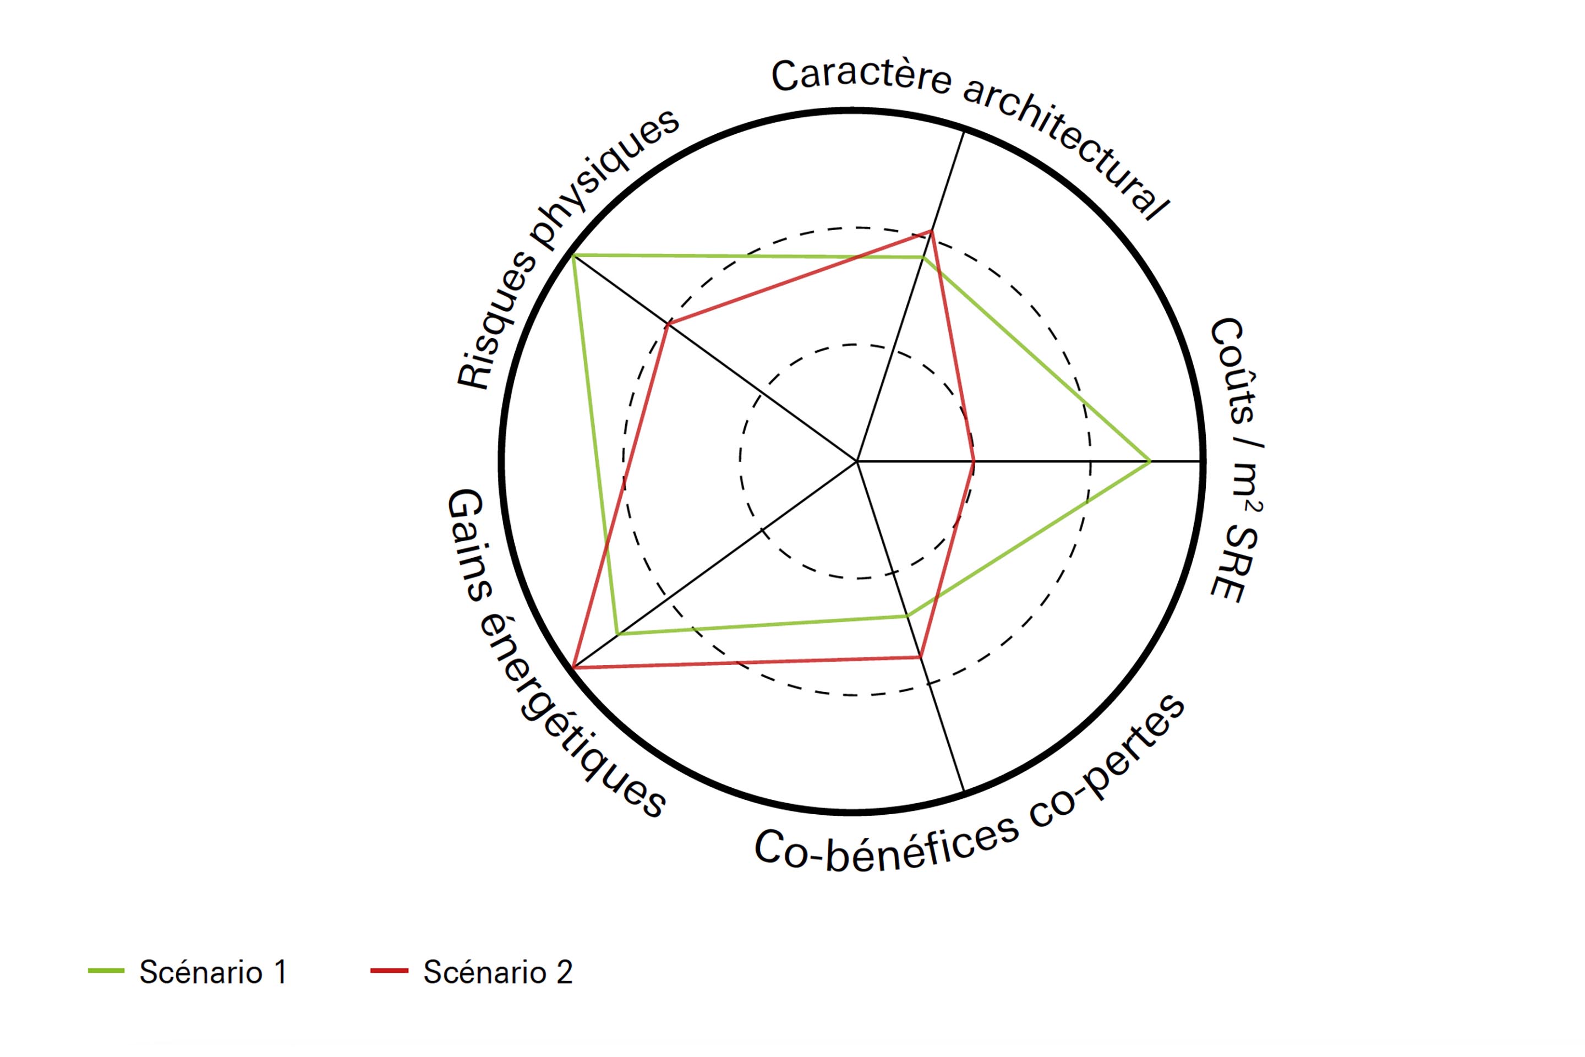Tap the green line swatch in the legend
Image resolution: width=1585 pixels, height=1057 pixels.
tap(106, 971)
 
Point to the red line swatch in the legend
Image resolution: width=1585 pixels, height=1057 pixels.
tap(390, 971)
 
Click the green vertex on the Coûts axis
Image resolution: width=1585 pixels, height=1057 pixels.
tap(1150, 462)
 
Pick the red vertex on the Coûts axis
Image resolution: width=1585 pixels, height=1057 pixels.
tap(974, 462)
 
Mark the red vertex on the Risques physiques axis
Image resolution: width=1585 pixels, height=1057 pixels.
tap(668, 325)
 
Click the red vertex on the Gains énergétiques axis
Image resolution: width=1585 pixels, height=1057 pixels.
tap(573, 667)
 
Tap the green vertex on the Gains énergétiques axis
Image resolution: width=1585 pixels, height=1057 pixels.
tap(618, 634)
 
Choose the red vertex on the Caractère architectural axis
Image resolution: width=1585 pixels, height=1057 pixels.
tap(931, 231)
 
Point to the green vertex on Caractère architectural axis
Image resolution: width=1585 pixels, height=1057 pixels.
tap(923, 257)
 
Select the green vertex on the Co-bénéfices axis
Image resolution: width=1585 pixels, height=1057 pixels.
tap(907, 615)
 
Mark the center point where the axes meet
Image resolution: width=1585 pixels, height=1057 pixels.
tap(857, 462)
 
